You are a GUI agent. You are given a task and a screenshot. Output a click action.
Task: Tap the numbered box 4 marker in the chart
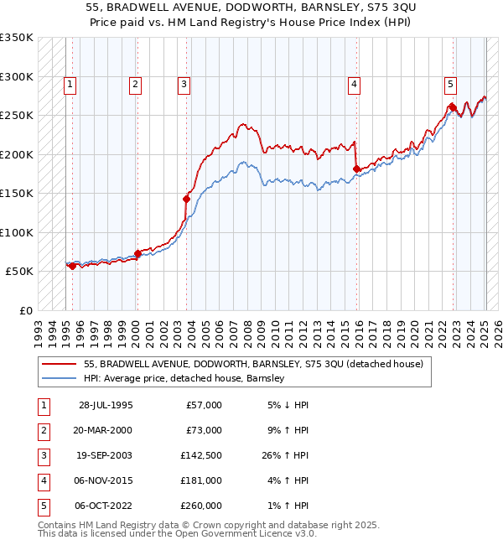point(355,83)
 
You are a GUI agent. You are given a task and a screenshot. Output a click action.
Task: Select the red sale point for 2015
point(356,169)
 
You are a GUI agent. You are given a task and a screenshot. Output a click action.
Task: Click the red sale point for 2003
point(186,199)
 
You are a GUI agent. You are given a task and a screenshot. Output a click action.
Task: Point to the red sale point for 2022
point(452,106)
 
